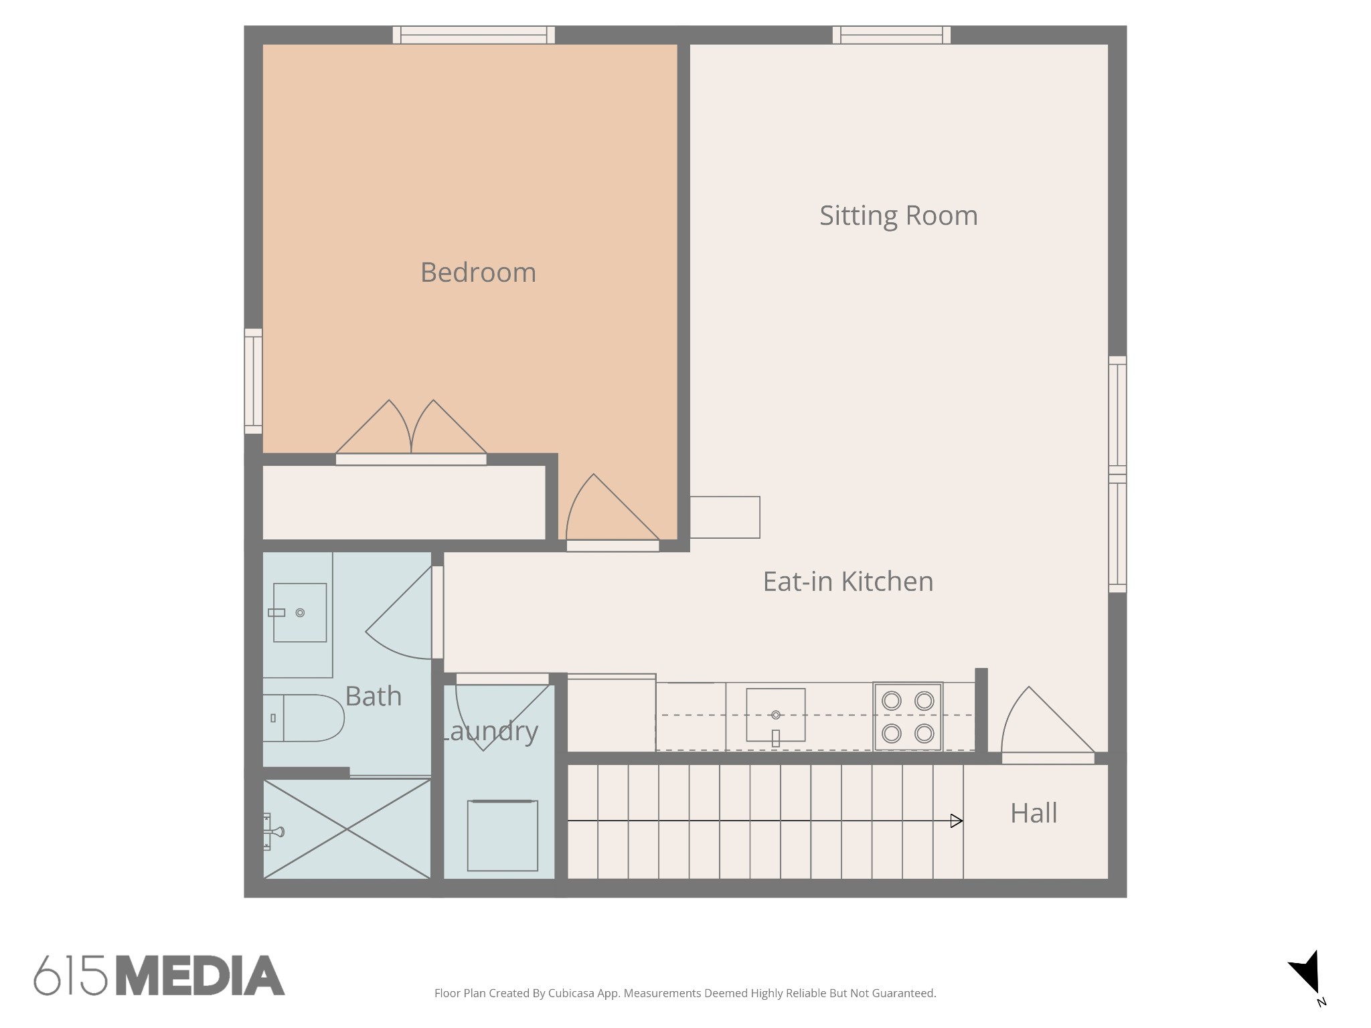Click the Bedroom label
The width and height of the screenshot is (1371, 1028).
pyautogui.click(x=478, y=272)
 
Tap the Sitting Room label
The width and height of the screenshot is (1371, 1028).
pyautogui.click(x=898, y=216)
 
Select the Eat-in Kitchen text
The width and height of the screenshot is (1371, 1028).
pyautogui.click(x=848, y=581)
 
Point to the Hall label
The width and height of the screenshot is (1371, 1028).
pyautogui.click(x=1034, y=813)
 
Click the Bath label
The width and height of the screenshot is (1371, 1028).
pyautogui.click(x=374, y=696)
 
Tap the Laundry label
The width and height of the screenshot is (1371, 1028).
pyautogui.click(x=489, y=731)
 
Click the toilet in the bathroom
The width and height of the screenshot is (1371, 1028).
pyautogui.click(x=303, y=717)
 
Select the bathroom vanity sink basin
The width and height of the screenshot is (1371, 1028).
pyautogui.click(x=300, y=612)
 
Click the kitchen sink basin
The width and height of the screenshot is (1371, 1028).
pyautogui.click(x=776, y=715)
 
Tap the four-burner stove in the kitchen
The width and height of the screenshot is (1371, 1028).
pyautogui.click(x=908, y=717)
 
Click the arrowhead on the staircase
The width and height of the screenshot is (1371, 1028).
pyautogui.click(x=957, y=821)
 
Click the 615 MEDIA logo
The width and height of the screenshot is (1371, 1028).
pyautogui.click(x=159, y=975)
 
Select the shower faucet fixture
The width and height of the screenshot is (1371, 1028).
pyautogui.click(x=273, y=832)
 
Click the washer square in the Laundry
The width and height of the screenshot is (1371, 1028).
pyautogui.click(x=503, y=836)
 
